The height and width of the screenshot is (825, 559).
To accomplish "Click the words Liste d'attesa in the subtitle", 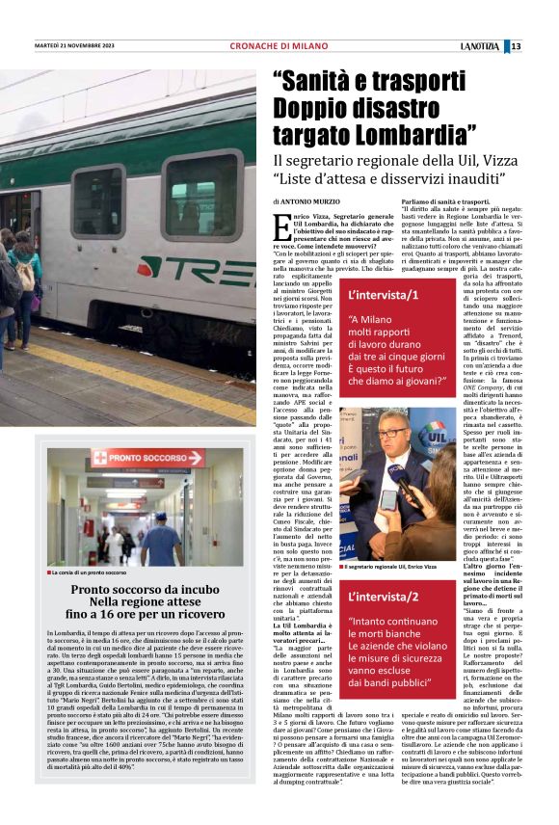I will [327, 179].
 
